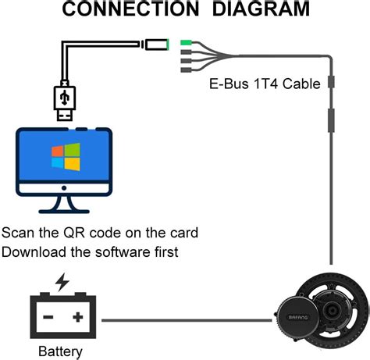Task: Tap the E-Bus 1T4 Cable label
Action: [266, 84]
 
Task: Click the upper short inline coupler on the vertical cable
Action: [332, 83]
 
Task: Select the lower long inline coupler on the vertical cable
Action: [332, 122]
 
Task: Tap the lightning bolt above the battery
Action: [60, 282]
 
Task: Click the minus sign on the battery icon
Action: [48, 317]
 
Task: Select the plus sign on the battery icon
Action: [77, 317]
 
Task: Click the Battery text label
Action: [60, 351]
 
